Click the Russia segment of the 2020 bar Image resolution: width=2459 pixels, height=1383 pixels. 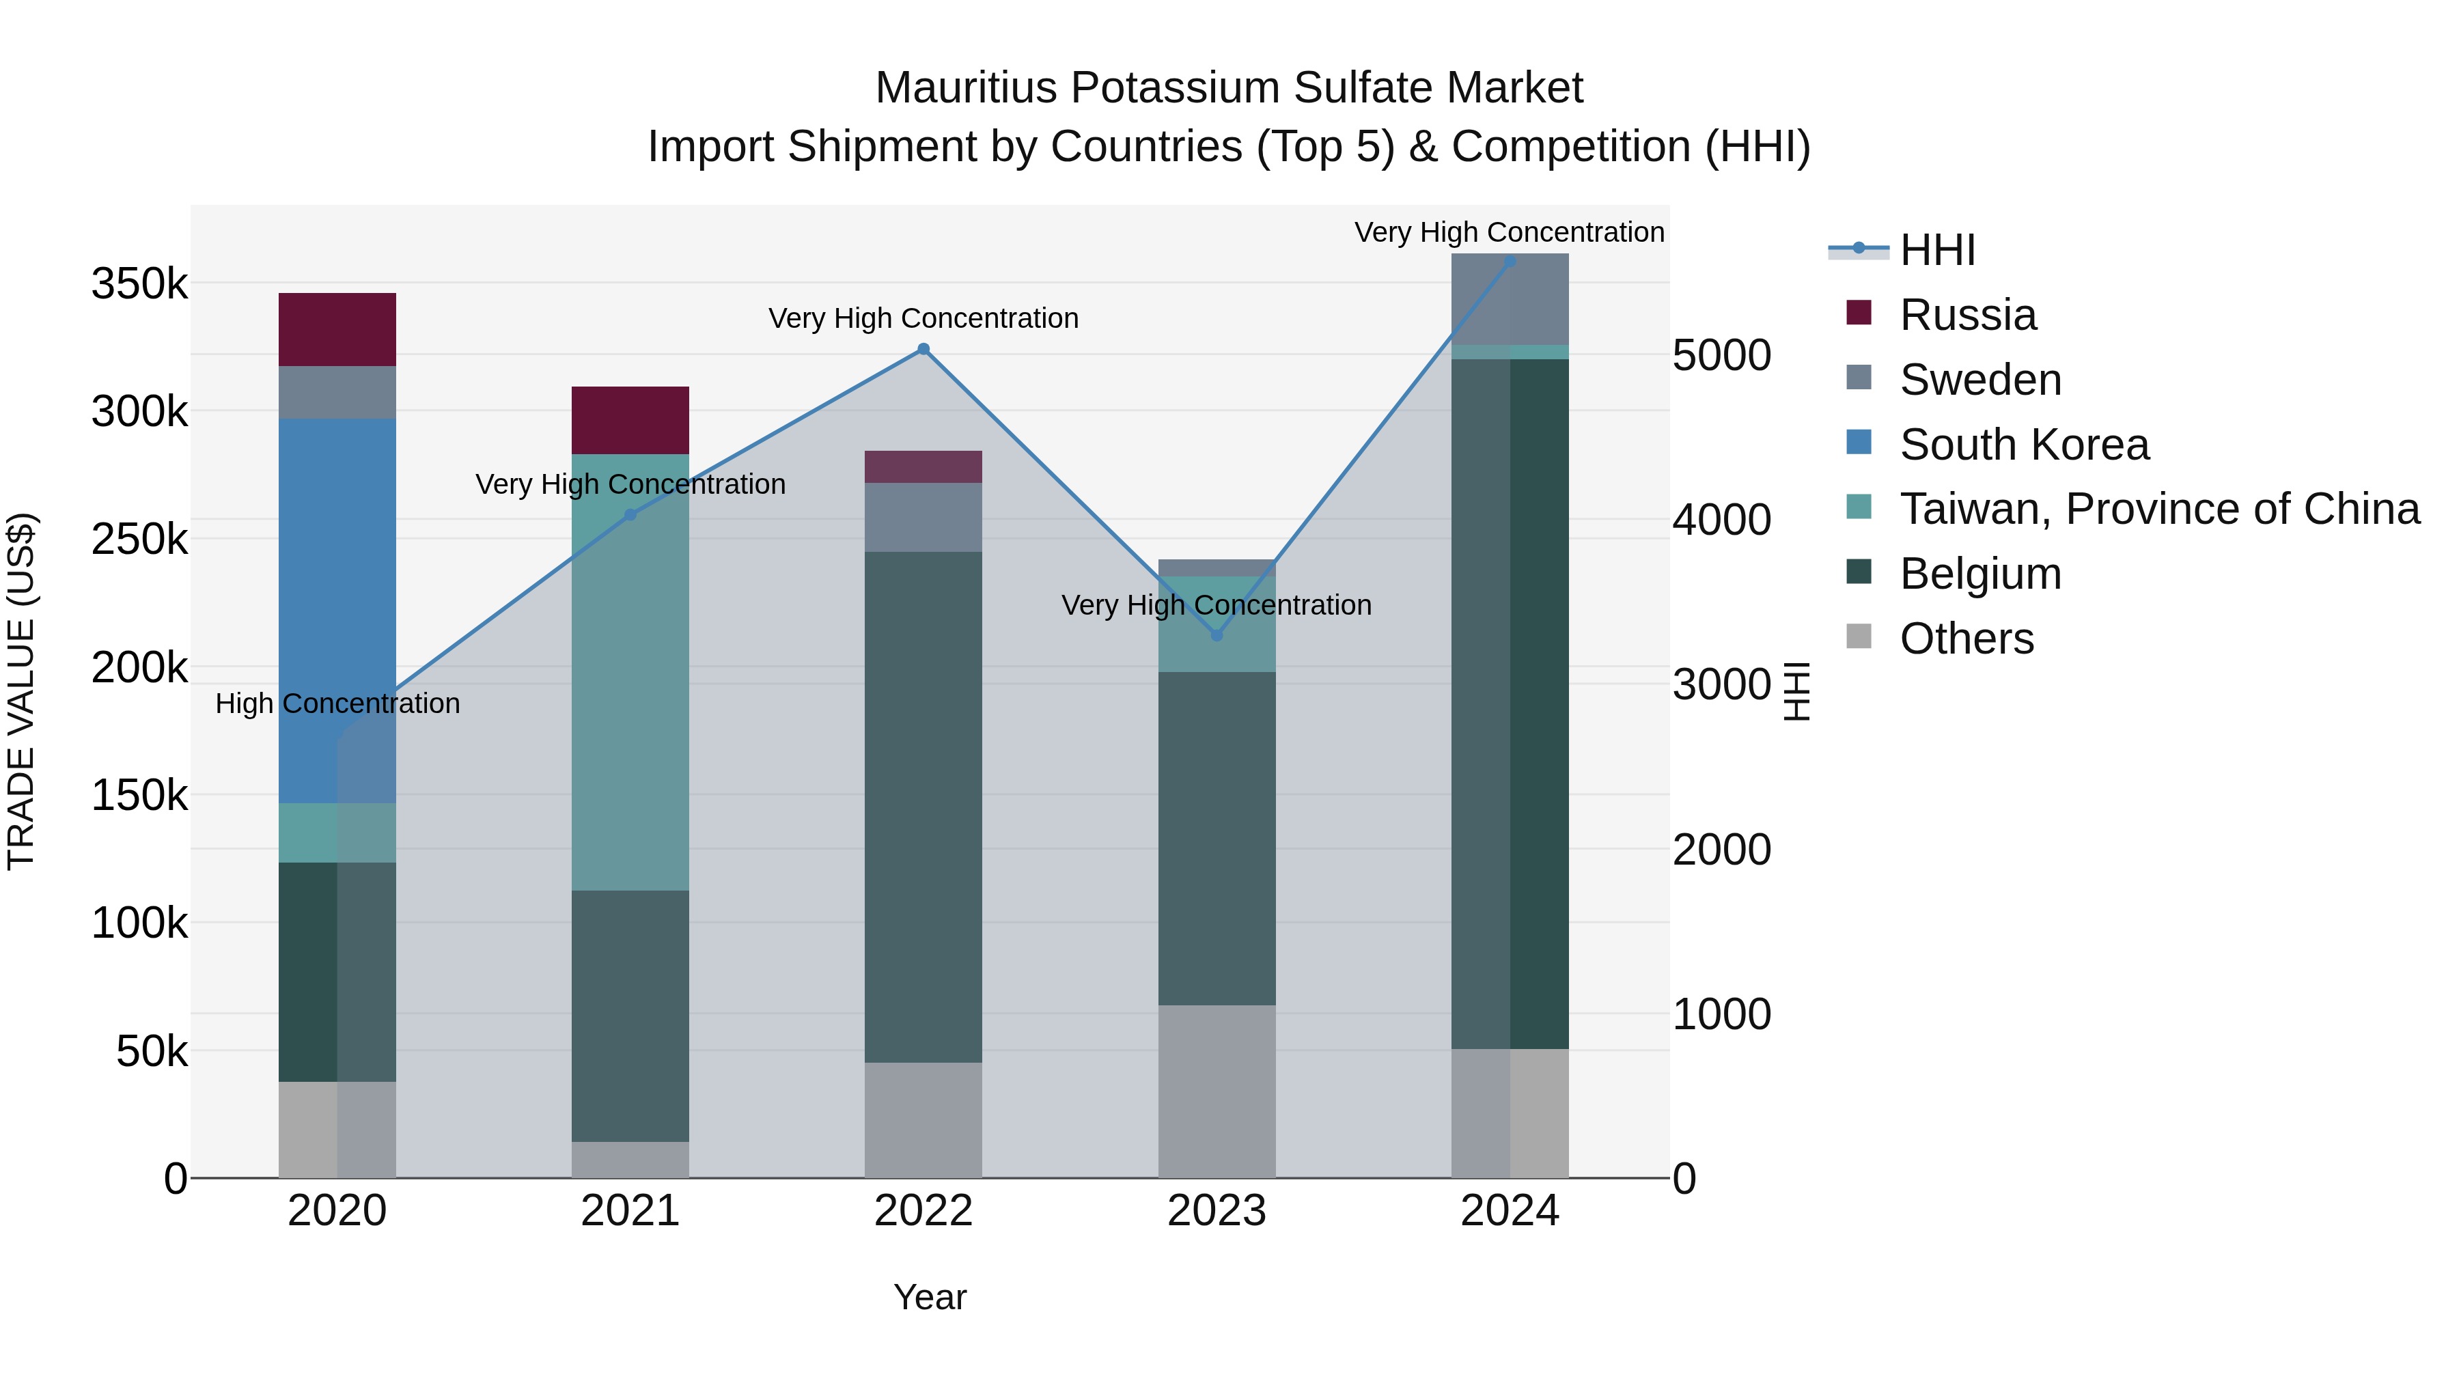(337, 329)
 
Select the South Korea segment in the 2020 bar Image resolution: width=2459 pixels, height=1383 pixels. (337, 611)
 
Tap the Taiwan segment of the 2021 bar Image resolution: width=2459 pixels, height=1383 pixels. (630, 673)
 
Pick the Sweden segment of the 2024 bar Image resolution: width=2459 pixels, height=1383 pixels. (1509, 298)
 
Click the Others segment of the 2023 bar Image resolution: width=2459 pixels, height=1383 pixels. (1216, 1091)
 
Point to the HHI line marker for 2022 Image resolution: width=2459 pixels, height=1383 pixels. (923, 349)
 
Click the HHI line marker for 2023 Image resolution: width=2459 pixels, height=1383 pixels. (1216, 636)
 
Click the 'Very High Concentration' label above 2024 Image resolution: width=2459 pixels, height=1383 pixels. (1508, 232)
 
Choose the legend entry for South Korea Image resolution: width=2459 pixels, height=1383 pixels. (2024, 445)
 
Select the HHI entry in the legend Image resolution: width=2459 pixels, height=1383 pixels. (1937, 250)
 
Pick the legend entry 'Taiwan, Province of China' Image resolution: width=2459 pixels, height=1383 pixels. (2159, 509)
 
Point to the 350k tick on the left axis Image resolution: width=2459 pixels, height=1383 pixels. (139, 283)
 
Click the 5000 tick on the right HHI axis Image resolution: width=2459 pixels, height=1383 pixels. (1721, 355)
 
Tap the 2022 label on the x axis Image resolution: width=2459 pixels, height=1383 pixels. (923, 1211)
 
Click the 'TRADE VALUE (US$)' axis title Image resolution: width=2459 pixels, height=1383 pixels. (21, 691)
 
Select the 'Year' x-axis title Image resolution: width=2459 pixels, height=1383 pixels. (930, 1297)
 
